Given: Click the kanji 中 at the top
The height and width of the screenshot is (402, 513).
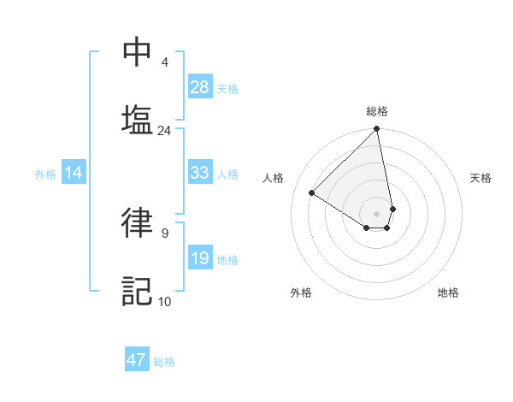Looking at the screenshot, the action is click(138, 52).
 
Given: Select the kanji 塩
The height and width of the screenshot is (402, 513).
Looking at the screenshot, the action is click(138, 119).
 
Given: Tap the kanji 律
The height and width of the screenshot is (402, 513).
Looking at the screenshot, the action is click(138, 222).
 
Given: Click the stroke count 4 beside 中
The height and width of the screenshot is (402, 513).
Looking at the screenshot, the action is click(164, 62).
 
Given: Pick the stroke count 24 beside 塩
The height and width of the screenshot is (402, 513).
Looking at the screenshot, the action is click(164, 130).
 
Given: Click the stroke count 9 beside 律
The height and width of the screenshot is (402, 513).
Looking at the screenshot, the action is click(164, 233).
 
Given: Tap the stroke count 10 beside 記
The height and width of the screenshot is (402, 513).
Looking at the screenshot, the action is click(164, 300).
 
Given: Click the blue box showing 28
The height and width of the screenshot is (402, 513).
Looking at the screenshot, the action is click(200, 87).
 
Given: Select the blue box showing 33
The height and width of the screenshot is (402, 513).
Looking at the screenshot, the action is click(200, 173).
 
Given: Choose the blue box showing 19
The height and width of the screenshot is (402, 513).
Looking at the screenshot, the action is click(200, 258).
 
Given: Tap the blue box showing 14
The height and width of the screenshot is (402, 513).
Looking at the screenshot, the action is click(74, 173).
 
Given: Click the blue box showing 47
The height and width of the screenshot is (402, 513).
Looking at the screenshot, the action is click(137, 360).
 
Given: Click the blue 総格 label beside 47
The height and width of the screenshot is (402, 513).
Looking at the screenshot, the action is click(164, 362).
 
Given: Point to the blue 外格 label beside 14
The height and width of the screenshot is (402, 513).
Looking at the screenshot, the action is click(45, 174).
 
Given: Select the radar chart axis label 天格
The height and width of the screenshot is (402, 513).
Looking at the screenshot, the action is click(481, 178).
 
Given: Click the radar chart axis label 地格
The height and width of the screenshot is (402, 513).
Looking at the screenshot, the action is click(448, 293).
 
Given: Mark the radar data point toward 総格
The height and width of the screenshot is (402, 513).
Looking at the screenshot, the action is click(376, 130).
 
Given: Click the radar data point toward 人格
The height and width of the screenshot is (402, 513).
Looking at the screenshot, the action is click(312, 192).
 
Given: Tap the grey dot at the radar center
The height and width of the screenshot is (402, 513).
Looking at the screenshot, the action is click(376, 213).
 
